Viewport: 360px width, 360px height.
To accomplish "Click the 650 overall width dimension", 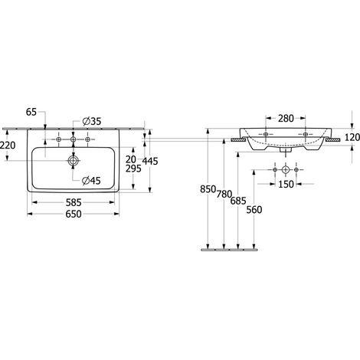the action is (74, 214).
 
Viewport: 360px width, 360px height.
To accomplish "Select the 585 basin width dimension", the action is (74, 203).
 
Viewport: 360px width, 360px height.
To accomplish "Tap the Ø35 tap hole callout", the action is (92, 121).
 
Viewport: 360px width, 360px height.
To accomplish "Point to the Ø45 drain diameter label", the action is (91, 181).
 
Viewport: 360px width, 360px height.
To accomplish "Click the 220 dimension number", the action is (8, 146).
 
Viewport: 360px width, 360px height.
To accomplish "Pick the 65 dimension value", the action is (31, 112).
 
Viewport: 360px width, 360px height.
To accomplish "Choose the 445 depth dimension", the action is (150, 161).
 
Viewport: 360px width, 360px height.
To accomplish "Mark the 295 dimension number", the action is (133, 169).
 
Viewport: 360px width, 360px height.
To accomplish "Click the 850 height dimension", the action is (208, 189).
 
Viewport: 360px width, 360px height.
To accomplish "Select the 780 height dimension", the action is (224, 195).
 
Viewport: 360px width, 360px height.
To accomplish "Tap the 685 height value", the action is (238, 201).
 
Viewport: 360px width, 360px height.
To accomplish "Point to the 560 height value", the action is (254, 210).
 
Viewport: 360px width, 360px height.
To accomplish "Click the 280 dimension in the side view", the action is (286, 119).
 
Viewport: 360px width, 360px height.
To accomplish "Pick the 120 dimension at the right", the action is (352, 138).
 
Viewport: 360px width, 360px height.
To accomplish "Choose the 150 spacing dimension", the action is (286, 184).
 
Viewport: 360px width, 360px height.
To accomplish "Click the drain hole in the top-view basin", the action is (74, 161).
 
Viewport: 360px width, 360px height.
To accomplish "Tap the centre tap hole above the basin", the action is (74, 139).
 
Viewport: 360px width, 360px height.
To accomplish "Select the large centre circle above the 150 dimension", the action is (286, 169).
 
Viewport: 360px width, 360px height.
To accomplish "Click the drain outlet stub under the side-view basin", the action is (286, 149).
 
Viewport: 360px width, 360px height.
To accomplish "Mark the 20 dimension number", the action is (131, 159).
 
